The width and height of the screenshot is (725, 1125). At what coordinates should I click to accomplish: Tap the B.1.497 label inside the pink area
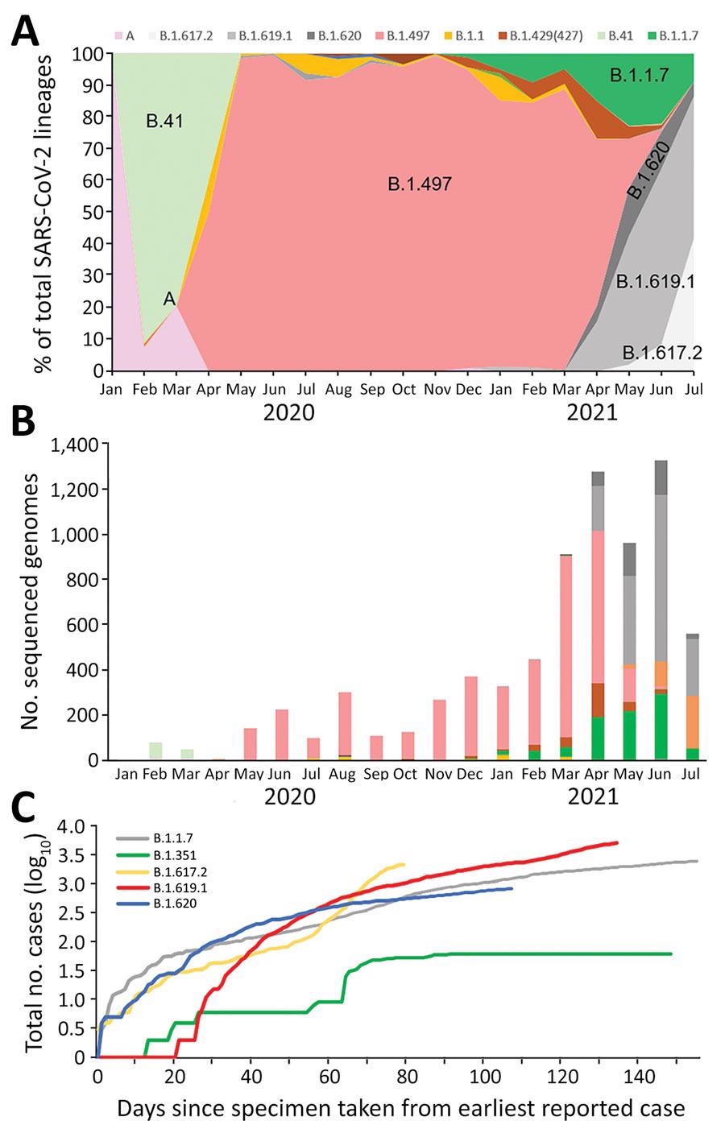click(420, 184)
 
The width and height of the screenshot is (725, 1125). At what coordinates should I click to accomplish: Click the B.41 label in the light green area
click(164, 122)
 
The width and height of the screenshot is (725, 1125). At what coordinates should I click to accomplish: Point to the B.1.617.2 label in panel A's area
click(661, 353)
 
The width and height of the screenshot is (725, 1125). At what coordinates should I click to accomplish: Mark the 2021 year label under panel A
click(592, 413)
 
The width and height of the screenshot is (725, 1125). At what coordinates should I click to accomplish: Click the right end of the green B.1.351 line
click(671, 953)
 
